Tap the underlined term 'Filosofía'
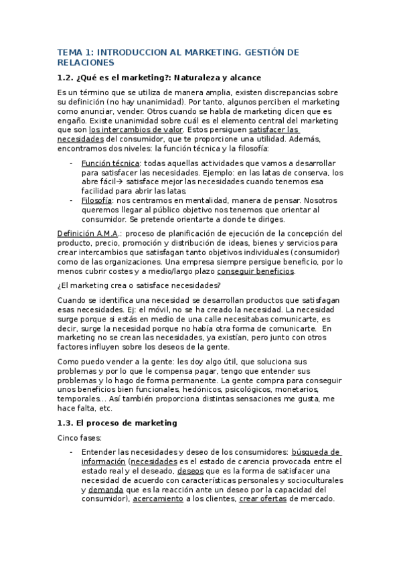click(96, 200)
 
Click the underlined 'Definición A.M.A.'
click(89, 233)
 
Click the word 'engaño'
click(72, 120)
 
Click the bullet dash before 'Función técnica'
click(72, 163)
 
